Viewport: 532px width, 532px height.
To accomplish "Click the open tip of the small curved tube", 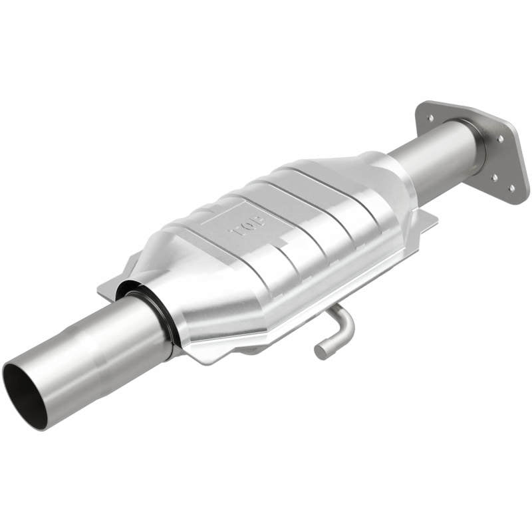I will click(321, 351).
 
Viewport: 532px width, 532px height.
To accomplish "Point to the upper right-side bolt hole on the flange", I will click(500, 139).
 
